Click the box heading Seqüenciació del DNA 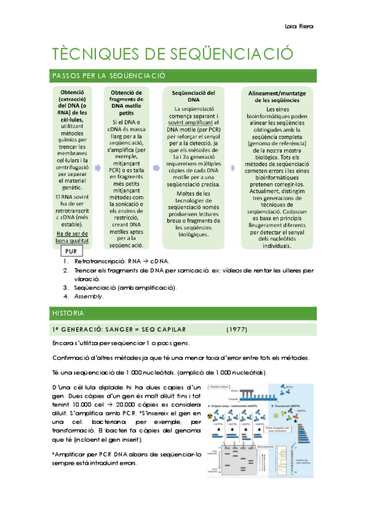tap(194, 96)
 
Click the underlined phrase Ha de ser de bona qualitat tap(72, 237)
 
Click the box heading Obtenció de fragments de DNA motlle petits tap(126, 103)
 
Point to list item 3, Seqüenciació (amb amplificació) tap(125, 287)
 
